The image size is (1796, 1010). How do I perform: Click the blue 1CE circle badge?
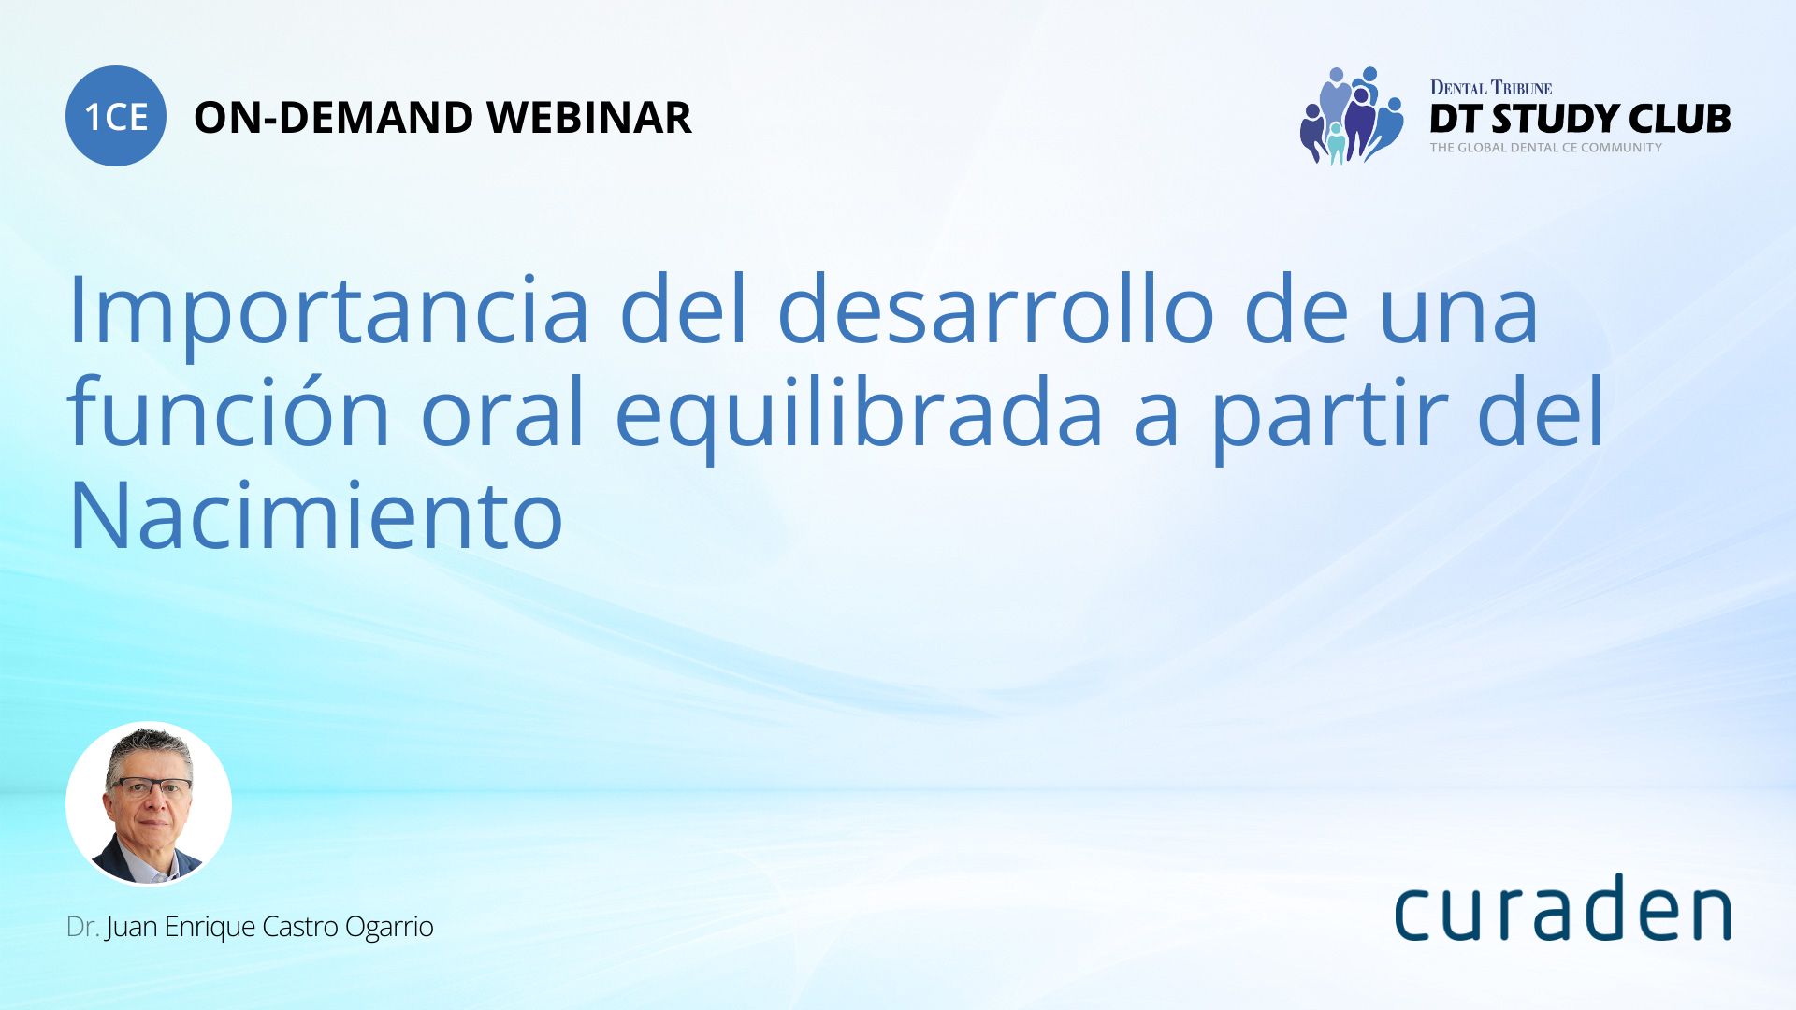116,116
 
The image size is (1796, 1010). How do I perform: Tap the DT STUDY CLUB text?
1580,119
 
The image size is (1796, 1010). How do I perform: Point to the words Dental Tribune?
1490,88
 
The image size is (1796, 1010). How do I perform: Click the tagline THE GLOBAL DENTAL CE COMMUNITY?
1545,148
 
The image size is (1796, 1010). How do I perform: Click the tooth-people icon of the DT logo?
1352,115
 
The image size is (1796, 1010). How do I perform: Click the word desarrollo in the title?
995,309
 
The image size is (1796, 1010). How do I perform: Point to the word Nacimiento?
316,515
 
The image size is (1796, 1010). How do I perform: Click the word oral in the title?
502,411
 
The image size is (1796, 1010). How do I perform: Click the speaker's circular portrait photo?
149,803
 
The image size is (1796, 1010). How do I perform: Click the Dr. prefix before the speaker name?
82,927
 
